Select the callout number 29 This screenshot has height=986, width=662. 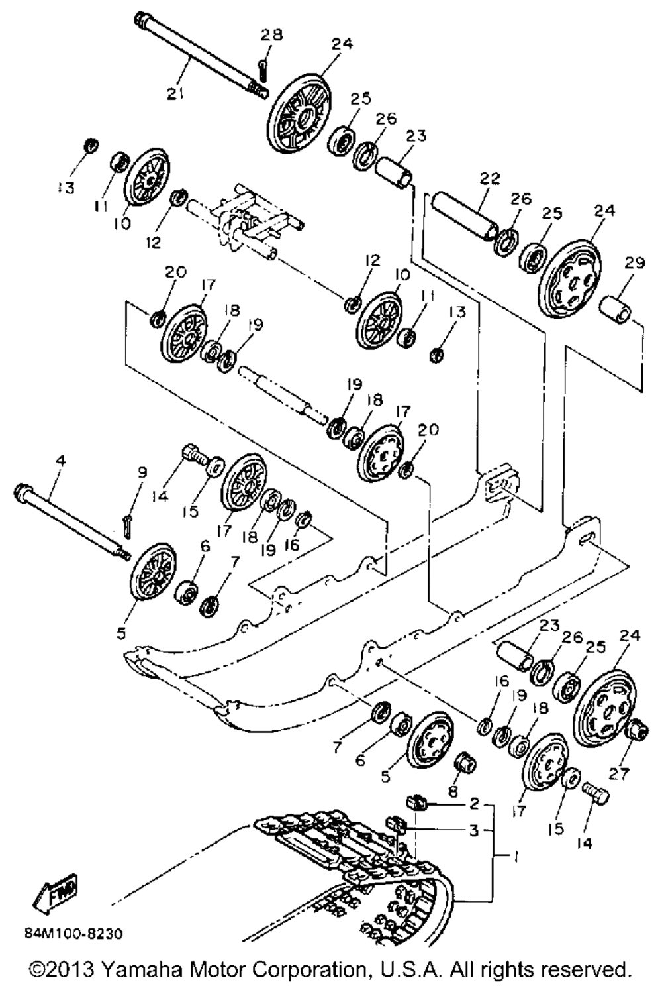634,264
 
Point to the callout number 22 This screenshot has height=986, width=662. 491,179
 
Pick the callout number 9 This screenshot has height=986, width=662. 141,472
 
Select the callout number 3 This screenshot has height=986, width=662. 473,830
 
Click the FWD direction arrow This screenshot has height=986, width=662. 55,893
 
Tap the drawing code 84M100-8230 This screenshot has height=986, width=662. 73,934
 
